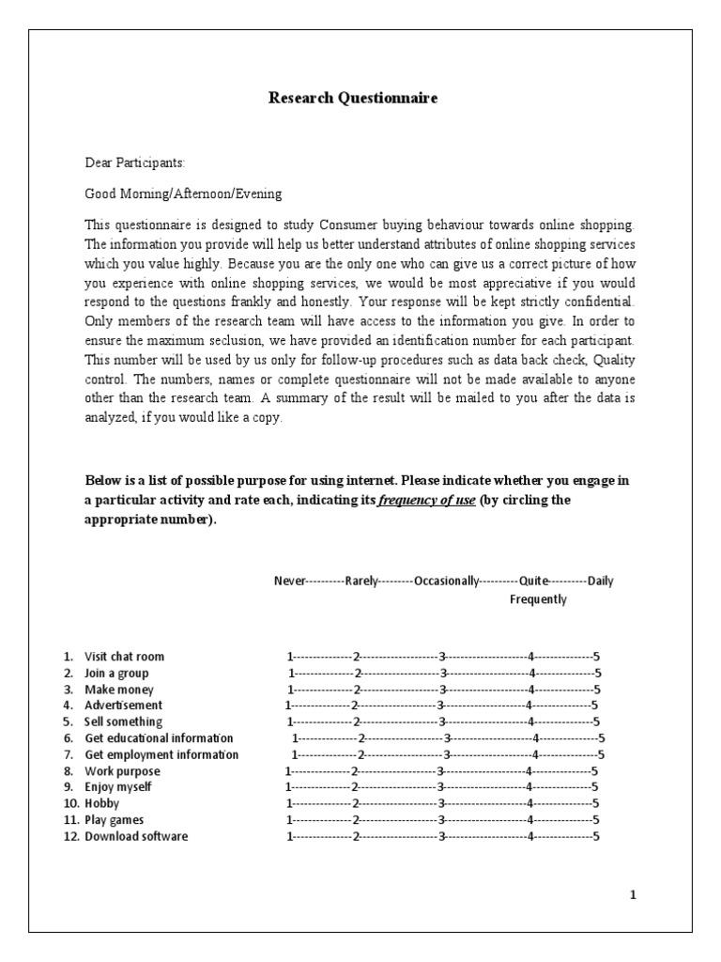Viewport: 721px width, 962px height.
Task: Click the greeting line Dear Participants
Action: (135, 163)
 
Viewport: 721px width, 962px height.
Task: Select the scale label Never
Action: (290, 581)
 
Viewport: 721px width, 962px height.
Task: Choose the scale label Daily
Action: (601, 581)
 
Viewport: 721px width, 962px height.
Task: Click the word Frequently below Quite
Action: (538, 599)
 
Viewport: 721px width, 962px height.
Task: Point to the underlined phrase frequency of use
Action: (426, 500)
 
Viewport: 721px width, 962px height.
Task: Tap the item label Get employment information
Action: (161, 754)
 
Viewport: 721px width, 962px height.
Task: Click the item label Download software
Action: (136, 836)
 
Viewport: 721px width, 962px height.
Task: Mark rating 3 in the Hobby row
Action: (440, 804)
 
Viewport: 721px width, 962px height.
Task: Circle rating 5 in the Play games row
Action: (596, 820)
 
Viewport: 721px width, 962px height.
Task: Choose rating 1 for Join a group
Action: (290, 674)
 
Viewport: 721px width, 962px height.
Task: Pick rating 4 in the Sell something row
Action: (531, 722)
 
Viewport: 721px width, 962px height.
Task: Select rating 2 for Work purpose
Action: (354, 771)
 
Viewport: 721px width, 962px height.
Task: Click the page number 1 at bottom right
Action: (633, 895)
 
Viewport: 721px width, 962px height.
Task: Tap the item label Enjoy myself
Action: (117, 786)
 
